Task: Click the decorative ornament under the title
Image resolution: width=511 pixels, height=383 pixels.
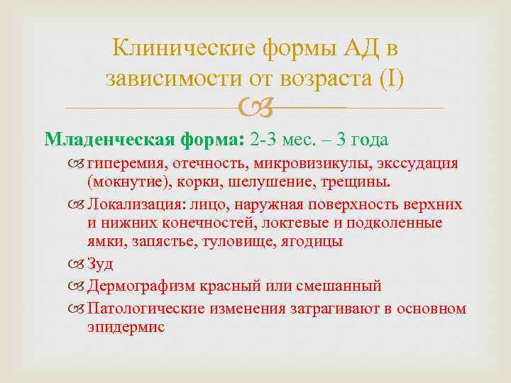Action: click(255, 108)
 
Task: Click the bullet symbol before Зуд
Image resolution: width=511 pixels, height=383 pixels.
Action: click(79, 265)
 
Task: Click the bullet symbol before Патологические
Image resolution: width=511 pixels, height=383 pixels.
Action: click(79, 309)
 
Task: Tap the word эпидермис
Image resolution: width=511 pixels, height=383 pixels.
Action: click(126, 327)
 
